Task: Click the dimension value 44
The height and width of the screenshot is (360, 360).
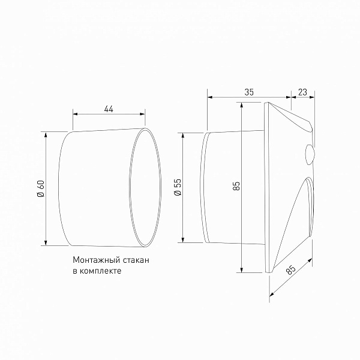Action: coord(109,109)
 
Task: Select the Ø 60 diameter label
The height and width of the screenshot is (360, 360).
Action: coord(40,189)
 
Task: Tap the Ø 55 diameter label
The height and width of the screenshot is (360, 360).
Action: coord(178,187)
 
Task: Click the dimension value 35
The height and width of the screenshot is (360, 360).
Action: coord(249,92)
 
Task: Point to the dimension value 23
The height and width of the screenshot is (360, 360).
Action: coord(302,92)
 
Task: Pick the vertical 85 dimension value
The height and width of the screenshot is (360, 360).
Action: coord(236,186)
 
